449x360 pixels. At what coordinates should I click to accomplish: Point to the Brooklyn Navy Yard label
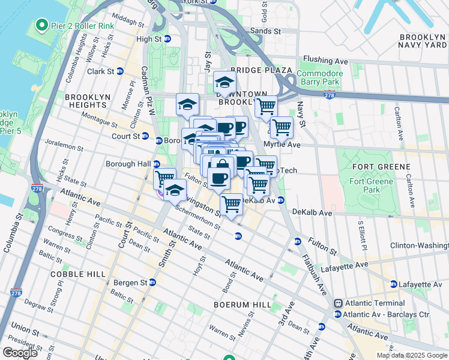pyautogui.click(x=423, y=41)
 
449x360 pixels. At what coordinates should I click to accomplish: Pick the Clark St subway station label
pyautogui.click(x=101, y=71)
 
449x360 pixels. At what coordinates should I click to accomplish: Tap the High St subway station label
pyautogui.click(x=150, y=39)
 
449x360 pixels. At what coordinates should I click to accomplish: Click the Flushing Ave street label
pyautogui.click(x=325, y=61)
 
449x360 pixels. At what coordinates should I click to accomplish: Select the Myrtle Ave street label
pyautogui.click(x=286, y=145)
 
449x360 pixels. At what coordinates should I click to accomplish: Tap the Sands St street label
pyautogui.click(x=266, y=31)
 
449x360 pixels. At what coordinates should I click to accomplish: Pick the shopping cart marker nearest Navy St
pyautogui.click(x=281, y=127)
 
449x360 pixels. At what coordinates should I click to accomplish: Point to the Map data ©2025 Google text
pyautogui.click(x=412, y=355)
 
